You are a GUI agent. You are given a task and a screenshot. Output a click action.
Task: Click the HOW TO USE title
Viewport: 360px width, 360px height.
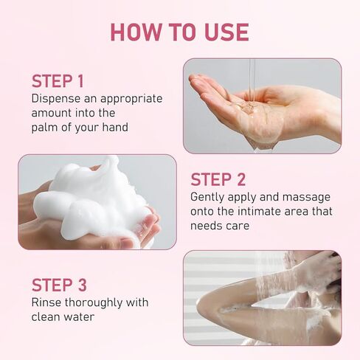(x=180, y=32)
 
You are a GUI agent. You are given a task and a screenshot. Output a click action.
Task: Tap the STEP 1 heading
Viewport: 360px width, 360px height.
(x=58, y=81)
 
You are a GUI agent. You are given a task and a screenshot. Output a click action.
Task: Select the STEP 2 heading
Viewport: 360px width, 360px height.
(x=218, y=179)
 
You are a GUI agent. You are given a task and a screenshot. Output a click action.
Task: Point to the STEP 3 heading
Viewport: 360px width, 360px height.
(x=59, y=285)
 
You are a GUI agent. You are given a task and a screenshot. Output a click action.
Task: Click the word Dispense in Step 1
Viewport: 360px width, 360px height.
(x=56, y=99)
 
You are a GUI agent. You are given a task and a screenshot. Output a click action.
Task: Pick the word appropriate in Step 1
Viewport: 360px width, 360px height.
(x=131, y=99)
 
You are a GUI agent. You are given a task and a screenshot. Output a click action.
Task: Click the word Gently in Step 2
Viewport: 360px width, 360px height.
(x=207, y=198)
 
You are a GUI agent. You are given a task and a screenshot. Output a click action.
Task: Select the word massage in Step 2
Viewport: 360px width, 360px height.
(x=306, y=198)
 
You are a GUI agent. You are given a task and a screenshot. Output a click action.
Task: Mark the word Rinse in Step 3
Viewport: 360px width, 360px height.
(x=46, y=302)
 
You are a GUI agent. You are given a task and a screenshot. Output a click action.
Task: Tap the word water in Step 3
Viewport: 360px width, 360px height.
(x=79, y=317)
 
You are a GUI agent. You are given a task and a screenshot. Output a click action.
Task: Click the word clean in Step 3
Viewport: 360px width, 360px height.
(x=46, y=316)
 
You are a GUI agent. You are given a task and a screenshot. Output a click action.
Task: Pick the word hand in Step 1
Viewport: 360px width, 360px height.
(x=115, y=128)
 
